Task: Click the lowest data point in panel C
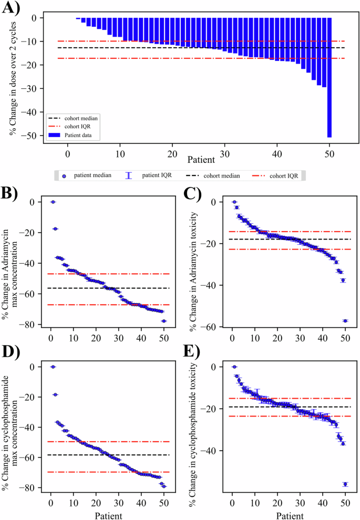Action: pyautogui.click(x=345, y=321)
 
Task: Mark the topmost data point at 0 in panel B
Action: pyautogui.click(x=53, y=202)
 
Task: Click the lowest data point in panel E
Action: pyautogui.click(x=345, y=484)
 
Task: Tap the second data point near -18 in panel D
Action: pyautogui.click(x=55, y=394)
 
